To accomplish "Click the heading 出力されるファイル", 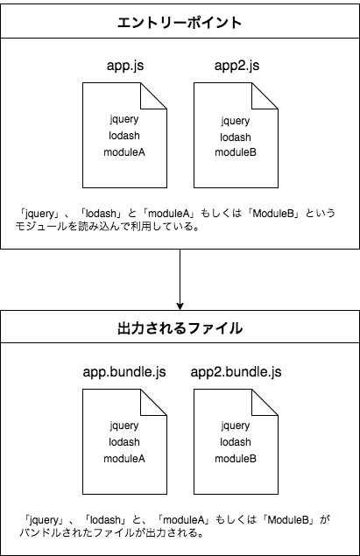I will pos(180,329).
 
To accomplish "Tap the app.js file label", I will pos(124,65).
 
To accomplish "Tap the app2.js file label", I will pos(236,65).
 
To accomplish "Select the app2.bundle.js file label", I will pos(236,372).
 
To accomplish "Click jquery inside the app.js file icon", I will pos(124,119).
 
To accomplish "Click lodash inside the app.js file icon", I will pos(124,136).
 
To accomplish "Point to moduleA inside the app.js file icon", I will pos(124,152).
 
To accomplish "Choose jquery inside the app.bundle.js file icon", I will pos(124,426).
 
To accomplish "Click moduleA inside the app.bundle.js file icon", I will pos(124,458).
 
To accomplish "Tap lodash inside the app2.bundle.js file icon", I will pos(236,442).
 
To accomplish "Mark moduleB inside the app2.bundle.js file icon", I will pos(236,458).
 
